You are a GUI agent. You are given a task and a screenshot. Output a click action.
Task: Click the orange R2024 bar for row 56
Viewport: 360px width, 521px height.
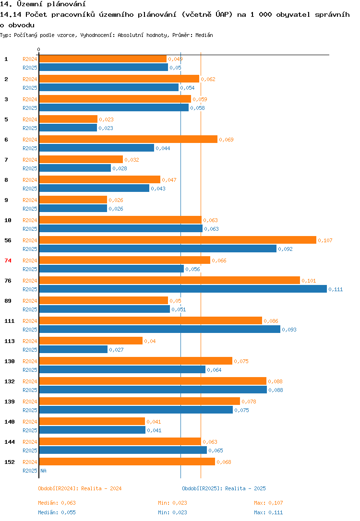point(178,240)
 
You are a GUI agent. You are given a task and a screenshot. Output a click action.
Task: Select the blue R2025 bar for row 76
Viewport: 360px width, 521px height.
point(182,289)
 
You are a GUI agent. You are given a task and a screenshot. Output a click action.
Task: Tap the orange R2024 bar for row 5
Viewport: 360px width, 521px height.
point(68,119)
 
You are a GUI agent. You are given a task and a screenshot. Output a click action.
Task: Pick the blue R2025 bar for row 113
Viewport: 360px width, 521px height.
point(73,349)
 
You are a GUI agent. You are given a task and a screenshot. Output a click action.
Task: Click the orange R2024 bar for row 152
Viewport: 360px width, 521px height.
point(127,462)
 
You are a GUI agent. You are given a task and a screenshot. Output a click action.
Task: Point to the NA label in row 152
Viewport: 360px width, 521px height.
point(43,471)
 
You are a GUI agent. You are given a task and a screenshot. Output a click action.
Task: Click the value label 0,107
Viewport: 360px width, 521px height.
point(325,240)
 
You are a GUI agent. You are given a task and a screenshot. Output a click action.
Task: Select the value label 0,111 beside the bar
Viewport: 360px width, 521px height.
point(336,289)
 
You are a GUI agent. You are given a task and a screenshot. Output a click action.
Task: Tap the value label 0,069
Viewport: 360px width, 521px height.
point(226,140)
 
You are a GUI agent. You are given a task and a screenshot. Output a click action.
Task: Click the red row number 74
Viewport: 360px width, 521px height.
point(8,260)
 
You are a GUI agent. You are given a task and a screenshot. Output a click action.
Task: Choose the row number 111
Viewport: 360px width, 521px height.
point(9,320)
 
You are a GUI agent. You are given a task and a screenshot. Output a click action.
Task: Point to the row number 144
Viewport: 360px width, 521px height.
point(9,441)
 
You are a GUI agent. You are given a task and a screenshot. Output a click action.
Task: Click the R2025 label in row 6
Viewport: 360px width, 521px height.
point(30,148)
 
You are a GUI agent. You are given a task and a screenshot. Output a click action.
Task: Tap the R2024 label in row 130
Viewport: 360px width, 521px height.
point(30,361)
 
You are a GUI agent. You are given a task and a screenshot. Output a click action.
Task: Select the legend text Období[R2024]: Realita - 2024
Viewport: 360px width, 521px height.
point(80,488)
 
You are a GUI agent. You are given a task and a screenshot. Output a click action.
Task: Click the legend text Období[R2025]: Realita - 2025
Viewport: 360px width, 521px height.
point(224,488)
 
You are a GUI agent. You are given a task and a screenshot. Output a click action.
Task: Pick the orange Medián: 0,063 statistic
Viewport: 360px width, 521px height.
point(57,503)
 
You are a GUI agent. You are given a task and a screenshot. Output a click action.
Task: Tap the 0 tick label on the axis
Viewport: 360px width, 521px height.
point(39,49)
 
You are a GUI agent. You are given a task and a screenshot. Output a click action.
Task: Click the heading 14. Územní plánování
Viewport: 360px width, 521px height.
point(39,4)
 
